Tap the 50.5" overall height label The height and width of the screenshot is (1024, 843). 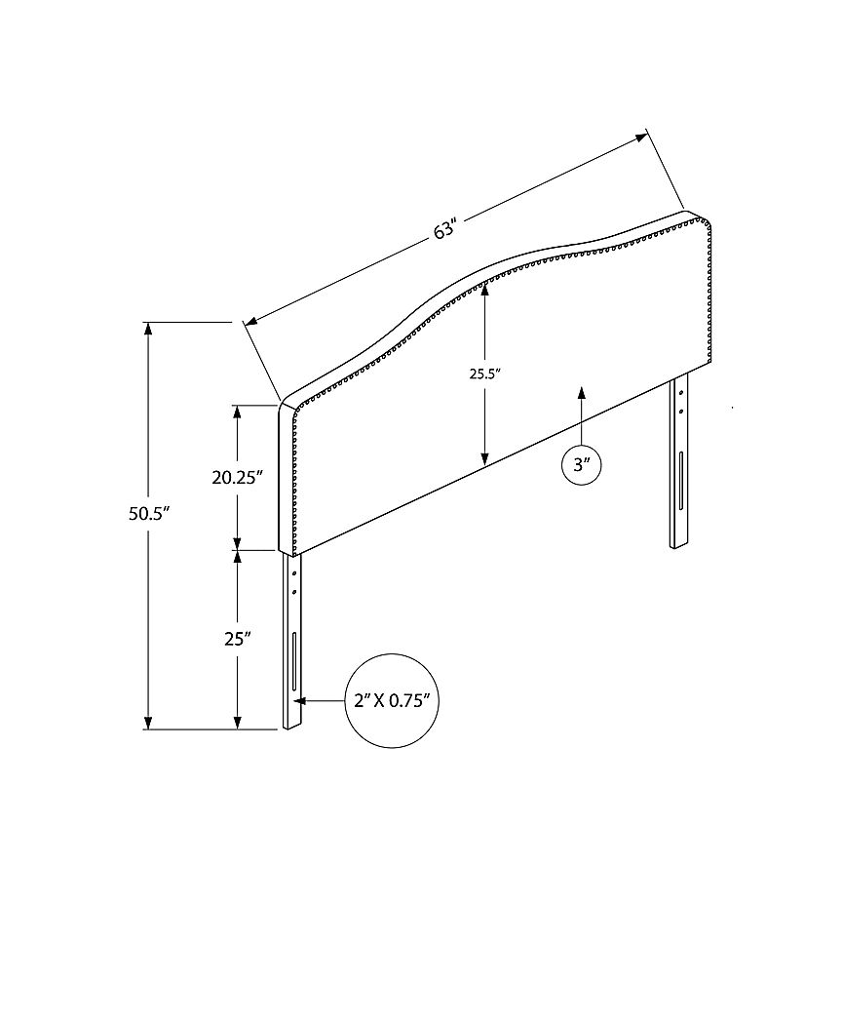149,513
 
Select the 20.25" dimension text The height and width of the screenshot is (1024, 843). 237,478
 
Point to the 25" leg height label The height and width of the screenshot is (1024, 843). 238,639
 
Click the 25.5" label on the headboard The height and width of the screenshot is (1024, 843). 484,374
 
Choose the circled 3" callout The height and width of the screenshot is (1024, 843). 582,465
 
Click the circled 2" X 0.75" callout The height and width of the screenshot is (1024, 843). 392,701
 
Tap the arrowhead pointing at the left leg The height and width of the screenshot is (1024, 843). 300,701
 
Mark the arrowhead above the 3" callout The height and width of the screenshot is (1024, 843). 582,392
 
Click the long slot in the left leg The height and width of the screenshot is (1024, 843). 294,660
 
